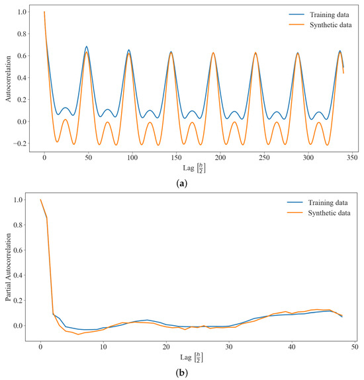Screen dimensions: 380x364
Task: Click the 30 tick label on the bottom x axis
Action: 229,347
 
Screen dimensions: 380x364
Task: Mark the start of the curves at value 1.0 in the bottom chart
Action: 40,200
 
